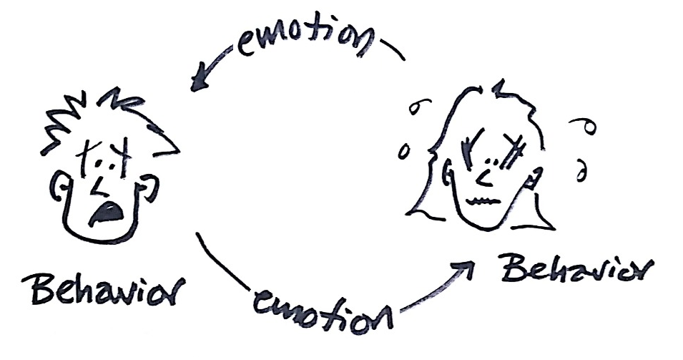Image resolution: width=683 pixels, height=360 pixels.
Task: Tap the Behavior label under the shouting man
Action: pos(104,289)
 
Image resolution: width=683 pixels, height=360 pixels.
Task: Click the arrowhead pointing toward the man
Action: pos(201,79)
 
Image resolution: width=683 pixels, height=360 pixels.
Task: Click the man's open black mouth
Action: pos(106,213)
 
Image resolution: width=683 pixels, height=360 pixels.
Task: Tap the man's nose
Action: pos(99,188)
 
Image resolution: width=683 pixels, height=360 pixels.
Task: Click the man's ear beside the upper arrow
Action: pos(149,188)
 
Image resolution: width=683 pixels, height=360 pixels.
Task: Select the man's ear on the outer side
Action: pos(59,188)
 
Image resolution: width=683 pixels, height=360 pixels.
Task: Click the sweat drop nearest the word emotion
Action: pos(419,106)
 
